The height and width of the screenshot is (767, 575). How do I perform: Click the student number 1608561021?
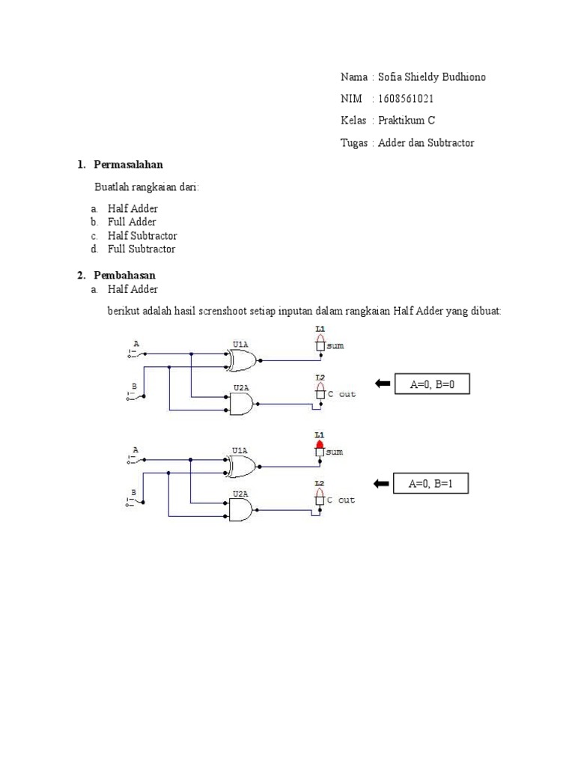pyautogui.click(x=407, y=99)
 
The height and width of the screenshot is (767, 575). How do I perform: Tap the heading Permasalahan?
pyautogui.click(x=129, y=164)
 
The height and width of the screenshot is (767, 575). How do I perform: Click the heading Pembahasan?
pyautogui.click(x=124, y=276)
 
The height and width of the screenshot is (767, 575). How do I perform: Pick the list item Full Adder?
pyautogui.click(x=132, y=222)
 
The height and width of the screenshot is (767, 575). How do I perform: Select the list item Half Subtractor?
pyautogui.click(x=142, y=235)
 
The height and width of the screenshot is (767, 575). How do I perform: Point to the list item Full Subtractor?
pyautogui.click(x=142, y=249)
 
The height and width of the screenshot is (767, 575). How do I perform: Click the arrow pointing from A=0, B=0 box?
pyautogui.click(x=382, y=384)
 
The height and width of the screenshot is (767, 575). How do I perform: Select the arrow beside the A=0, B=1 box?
pyautogui.click(x=382, y=485)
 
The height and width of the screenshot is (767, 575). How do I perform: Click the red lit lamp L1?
pyautogui.click(x=320, y=445)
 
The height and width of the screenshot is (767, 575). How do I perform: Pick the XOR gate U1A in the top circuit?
pyautogui.click(x=241, y=361)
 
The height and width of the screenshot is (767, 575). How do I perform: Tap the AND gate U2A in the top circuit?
pyautogui.click(x=241, y=404)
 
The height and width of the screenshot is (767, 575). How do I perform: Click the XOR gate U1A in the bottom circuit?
pyautogui.click(x=241, y=467)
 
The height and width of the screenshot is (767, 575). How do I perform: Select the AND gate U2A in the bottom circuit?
pyautogui.click(x=241, y=511)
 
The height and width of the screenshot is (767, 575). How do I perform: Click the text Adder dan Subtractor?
pyautogui.click(x=426, y=142)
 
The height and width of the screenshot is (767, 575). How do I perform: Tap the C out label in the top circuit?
pyautogui.click(x=341, y=394)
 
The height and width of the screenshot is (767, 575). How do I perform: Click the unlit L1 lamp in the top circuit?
pyautogui.click(x=320, y=342)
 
